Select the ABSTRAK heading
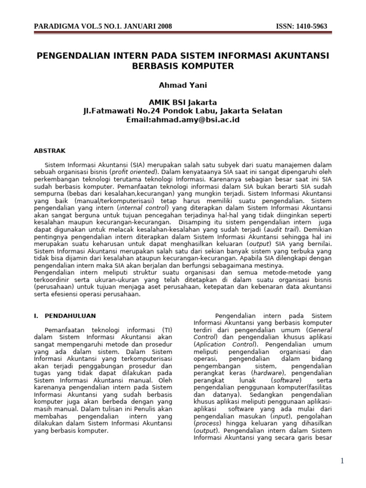click(49, 151)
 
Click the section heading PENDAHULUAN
click(70, 315)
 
